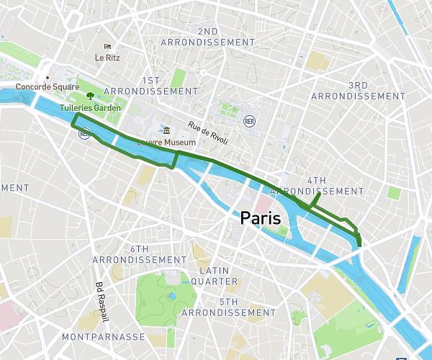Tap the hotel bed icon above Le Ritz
107,46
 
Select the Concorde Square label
47,87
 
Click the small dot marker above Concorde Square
48,78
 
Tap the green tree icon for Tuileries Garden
90,94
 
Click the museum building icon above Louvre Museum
166,131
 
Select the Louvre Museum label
167,143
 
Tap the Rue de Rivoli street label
209,135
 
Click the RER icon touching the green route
84,133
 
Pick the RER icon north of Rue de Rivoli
249,120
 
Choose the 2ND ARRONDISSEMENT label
207,37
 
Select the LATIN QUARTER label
214,275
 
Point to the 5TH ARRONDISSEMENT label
228,307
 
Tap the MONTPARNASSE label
104,337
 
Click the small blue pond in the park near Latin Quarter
171,295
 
